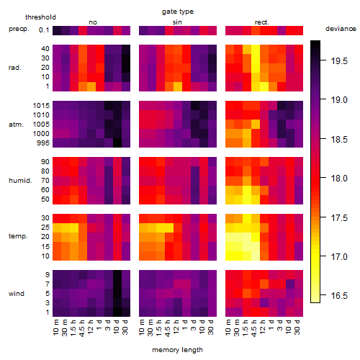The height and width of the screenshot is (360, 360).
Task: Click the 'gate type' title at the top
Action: pos(178,12)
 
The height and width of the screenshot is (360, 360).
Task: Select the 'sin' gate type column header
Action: pos(177,22)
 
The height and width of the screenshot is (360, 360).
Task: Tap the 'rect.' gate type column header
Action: pos(262,22)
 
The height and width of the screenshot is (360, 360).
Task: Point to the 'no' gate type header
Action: pos(93,22)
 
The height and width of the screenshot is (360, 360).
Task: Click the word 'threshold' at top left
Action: pos(40,17)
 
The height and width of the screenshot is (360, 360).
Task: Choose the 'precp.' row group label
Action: pos(19,29)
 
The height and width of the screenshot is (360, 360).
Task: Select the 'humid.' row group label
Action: pos(20,181)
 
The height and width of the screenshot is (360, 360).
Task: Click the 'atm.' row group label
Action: pos(16,125)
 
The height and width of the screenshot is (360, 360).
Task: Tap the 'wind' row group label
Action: pos(17,294)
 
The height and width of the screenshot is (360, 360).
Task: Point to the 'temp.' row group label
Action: pos(18,236)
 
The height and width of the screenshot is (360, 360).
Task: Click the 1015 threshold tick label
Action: pos(41,106)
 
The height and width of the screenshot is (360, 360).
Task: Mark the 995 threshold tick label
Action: pos(43,143)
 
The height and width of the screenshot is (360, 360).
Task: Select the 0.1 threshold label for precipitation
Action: pos(44,30)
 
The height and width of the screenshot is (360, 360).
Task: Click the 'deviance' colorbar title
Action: pos(341,29)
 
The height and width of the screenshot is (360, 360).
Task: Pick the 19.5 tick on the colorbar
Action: pos(339,61)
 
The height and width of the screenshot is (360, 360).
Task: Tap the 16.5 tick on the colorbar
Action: pos(339,296)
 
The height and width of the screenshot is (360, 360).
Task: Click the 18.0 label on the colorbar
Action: pos(339,179)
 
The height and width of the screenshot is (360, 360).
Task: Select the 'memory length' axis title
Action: pos(177,350)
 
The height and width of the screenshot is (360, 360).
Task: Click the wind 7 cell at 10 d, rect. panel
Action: pos(290,284)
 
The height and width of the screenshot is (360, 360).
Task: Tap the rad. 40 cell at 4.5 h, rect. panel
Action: pos(256,49)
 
